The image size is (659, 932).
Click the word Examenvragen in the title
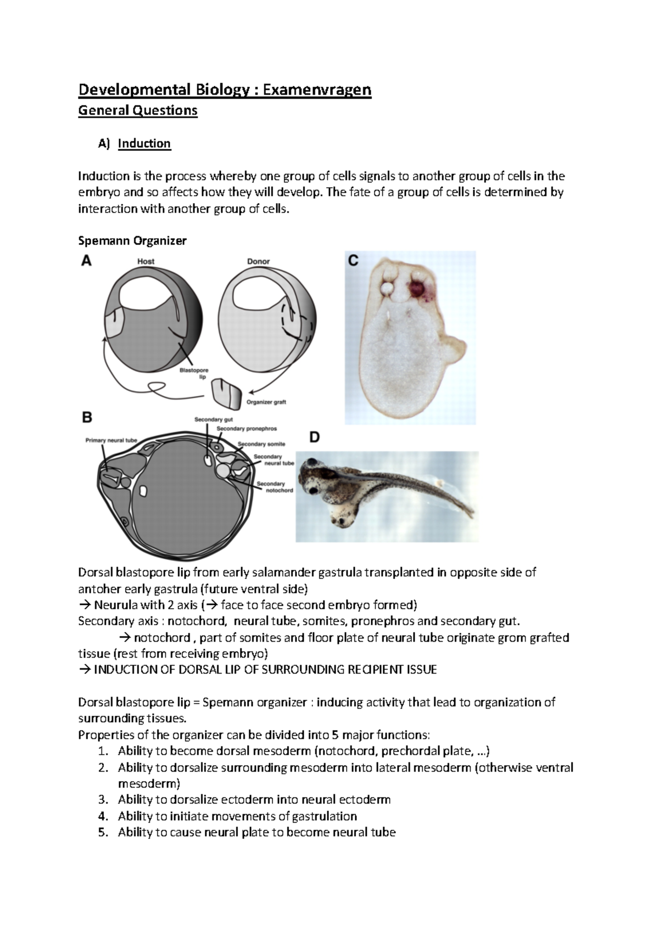(317, 89)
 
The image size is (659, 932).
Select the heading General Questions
(137, 110)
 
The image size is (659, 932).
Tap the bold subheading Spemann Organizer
(132, 240)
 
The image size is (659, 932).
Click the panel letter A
(87, 261)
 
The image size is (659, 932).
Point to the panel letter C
(353, 261)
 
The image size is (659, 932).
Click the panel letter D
(315, 437)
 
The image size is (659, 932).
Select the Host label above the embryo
(146, 261)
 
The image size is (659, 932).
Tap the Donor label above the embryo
(258, 261)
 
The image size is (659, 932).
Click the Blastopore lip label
(194, 373)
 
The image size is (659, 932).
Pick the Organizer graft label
(266, 402)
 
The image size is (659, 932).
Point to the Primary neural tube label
(111, 440)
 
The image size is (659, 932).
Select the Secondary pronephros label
(247, 428)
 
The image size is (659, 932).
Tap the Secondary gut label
(214, 419)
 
